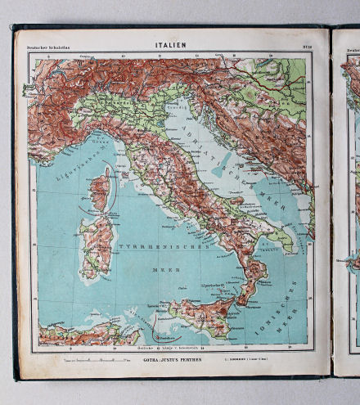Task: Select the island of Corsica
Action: click(x=99, y=190)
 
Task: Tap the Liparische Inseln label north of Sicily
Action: click(x=214, y=288)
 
